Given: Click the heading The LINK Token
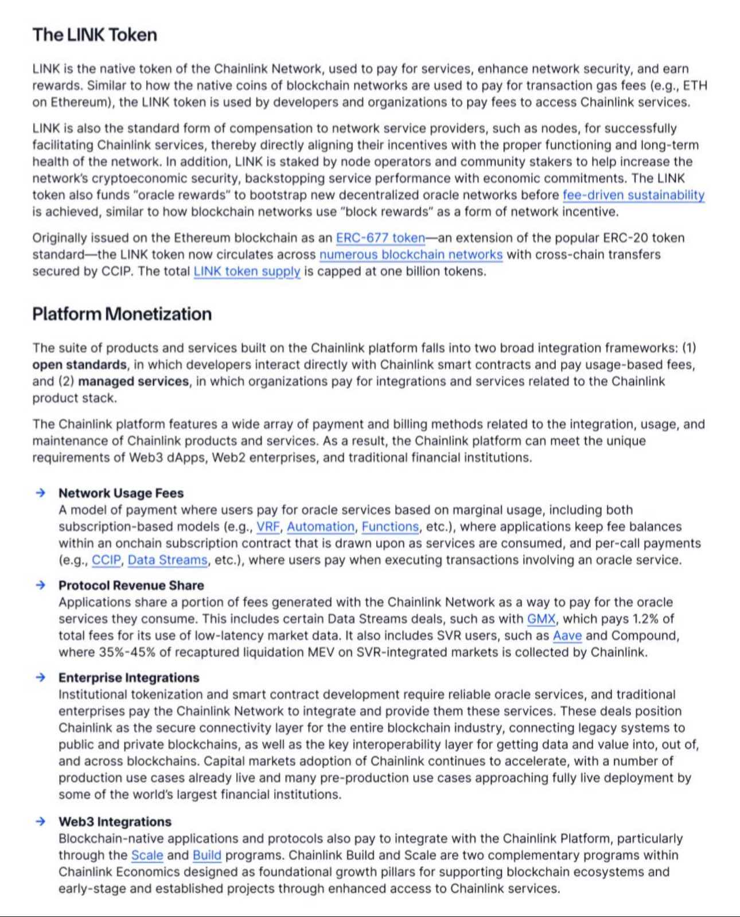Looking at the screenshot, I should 95,35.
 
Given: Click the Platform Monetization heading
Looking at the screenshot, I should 122,314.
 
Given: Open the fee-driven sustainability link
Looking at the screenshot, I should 633,195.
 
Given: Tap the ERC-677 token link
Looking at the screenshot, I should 380,238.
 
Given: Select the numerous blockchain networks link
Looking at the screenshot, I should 411,255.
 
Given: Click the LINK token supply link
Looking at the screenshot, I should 247,271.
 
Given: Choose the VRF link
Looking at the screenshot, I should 268,526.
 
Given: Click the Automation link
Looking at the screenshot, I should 321,526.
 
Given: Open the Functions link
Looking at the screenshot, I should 390,526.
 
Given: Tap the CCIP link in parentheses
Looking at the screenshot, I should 106,560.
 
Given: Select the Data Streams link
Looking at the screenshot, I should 168,560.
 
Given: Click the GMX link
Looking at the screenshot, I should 541,619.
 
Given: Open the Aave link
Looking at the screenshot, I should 567,635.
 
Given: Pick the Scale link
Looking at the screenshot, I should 147,855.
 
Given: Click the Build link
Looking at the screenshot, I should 207,855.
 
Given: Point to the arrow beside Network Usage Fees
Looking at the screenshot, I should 40,493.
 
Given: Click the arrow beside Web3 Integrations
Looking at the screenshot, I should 40,821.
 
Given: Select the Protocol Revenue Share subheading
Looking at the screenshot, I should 131,586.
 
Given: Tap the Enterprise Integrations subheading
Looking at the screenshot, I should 128,678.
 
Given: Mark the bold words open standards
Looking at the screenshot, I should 79,365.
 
